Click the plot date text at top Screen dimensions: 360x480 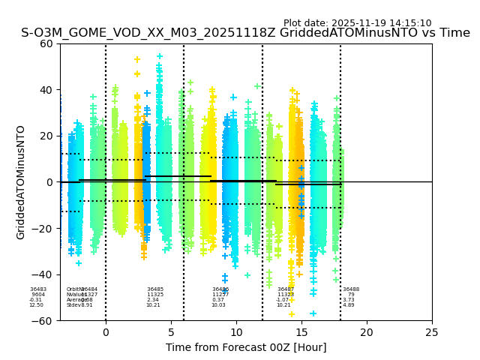coord(357,23)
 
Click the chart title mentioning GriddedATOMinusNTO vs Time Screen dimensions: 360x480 coord(245,34)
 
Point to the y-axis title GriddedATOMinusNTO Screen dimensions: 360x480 coord(21,182)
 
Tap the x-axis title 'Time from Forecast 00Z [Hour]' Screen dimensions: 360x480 coord(246,347)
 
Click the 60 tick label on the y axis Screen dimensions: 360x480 coord(46,43)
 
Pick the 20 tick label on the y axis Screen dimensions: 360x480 coord(46,136)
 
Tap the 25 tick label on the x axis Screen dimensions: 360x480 coord(432,332)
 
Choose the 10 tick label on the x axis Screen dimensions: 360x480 coord(236,332)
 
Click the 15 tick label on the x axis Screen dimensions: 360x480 coord(301,332)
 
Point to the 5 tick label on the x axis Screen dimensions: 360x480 coord(171,332)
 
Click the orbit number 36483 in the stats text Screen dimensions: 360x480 coord(38,289)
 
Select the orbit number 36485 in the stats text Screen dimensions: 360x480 coord(155,289)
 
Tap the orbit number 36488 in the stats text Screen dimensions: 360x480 coord(351,289)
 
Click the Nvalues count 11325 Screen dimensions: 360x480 coord(155,295)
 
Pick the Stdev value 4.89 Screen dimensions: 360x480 coord(349,305)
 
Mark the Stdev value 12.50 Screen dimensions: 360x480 coord(37,305)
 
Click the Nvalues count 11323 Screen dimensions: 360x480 coord(286,295)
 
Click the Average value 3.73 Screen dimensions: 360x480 coord(349,300)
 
